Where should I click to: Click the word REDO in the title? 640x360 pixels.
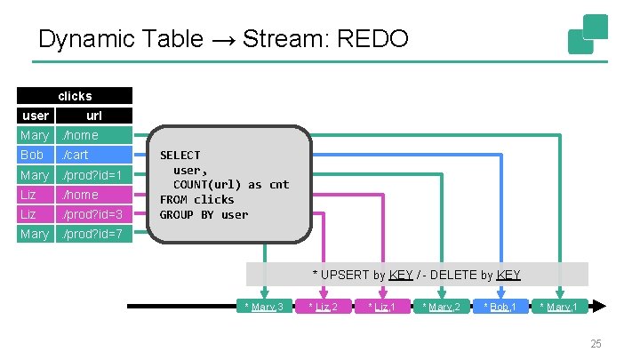372,39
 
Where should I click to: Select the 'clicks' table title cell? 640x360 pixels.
75,95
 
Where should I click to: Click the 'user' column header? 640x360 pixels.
36,116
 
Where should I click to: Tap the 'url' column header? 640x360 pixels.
94,116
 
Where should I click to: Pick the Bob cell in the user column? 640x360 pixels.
36,155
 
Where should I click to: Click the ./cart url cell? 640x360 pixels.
94,155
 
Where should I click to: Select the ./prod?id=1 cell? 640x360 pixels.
94,175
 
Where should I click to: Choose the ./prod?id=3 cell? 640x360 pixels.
94,214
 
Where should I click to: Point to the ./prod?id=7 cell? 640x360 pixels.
94,234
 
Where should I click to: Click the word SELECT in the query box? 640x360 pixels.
180,155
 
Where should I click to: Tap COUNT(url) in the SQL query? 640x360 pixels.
207,185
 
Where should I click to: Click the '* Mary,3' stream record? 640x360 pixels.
265,306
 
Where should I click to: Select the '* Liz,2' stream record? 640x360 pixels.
324,306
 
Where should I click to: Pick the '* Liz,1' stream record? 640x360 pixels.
382,306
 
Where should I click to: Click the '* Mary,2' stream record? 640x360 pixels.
442,306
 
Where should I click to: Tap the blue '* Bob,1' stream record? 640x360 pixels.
500,306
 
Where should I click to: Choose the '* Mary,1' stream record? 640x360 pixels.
560,306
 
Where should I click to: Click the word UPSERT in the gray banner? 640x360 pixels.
345,275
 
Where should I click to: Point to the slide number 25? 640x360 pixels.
596,344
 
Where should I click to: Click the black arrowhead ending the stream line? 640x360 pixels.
599,306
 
